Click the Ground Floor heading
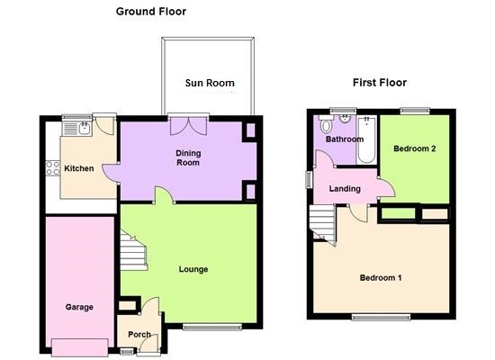tap(151, 12)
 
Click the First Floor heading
tap(380, 83)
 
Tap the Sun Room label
tap(210, 83)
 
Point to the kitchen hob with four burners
tap(53, 168)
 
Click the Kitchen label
tap(79, 168)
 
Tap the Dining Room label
tap(188, 157)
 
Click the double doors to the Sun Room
tap(189, 126)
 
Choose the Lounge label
tap(193, 269)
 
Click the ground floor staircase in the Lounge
tap(133, 251)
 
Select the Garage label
tap(79, 307)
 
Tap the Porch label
tap(139, 334)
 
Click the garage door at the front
tap(80, 347)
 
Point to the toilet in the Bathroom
tap(326, 124)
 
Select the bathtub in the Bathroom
tap(366, 139)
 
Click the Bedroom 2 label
tap(415, 148)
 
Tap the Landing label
tap(345, 189)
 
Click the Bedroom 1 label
tap(381, 278)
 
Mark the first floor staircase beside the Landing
tap(322, 223)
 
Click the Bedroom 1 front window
tap(382, 317)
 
